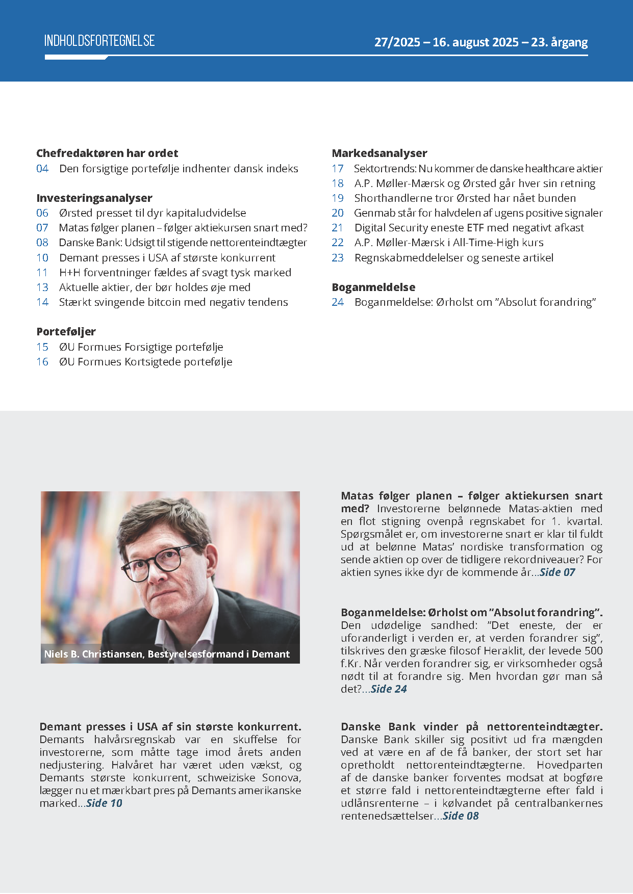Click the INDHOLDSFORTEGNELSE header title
[x=99, y=41]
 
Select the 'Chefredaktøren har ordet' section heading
[x=107, y=153]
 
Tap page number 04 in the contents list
[x=42, y=169]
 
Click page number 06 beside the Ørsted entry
[x=42, y=213]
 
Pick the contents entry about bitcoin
[x=173, y=302]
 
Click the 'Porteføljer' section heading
[x=66, y=332]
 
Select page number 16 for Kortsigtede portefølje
[x=42, y=362]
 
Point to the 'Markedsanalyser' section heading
[x=379, y=153]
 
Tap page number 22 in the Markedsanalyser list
[x=338, y=243]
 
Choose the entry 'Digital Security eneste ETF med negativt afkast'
[x=469, y=228]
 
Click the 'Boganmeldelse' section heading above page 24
[x=373, y=287]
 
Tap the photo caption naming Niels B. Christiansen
[x=167, y=654]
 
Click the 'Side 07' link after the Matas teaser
[x=557, y=572]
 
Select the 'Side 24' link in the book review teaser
[x=389, y=689]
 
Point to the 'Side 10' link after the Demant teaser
[x=105, y=803]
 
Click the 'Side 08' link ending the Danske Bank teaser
[x=461, y=816]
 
